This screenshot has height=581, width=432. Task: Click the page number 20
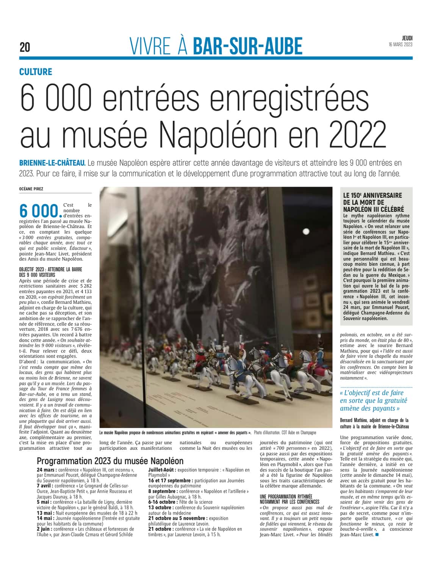pos(25,47)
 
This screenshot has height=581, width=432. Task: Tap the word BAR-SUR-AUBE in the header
pos(247,47)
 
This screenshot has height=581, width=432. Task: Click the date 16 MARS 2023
pos(400,45)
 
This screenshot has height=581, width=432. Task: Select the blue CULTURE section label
pos(36,72)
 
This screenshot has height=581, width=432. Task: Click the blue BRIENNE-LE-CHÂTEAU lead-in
pos(52,163)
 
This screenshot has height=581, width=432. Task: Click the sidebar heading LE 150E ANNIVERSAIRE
pos(373,195)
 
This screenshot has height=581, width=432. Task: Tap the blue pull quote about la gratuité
pos(374,400)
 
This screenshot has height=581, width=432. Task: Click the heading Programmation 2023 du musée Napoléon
pos(110,461)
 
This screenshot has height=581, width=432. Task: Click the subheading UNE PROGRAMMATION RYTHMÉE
pos(286,496)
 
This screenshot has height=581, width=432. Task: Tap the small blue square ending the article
pos(377,535)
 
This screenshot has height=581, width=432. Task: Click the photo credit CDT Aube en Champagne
pos(297,432)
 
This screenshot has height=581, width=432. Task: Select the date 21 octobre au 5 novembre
pos(178,518)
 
